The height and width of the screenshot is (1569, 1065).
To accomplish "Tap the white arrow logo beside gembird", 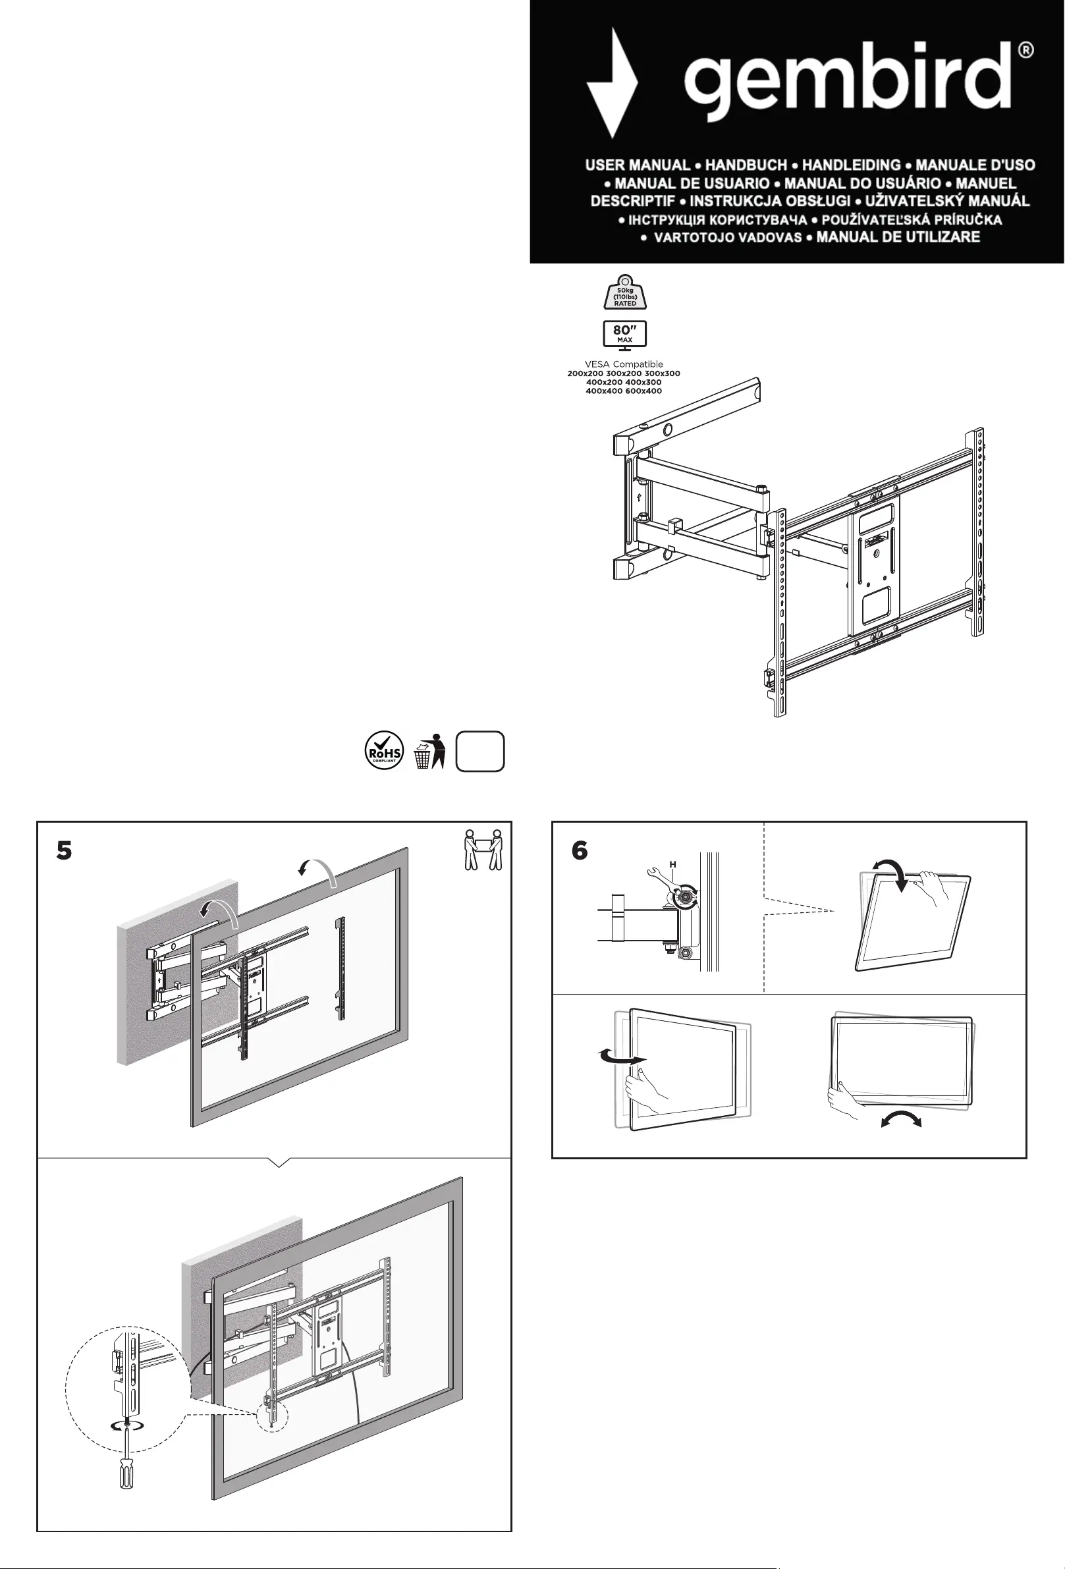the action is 611,82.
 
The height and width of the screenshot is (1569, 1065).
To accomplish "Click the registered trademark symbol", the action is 1025,50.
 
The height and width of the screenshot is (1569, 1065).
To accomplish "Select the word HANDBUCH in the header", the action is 746,165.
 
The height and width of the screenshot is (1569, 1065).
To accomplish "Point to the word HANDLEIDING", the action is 851,165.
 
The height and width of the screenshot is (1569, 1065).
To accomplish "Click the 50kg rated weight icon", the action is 625,292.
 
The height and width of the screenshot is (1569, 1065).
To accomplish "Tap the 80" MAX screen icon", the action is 624,334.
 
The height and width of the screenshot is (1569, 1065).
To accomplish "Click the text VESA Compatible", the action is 624,364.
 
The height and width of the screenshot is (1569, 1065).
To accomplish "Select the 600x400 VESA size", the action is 643,391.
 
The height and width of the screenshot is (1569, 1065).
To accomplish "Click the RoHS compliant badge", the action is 384,751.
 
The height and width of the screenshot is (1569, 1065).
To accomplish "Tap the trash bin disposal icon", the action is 429,751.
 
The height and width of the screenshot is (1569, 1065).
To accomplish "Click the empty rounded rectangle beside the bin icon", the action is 480,751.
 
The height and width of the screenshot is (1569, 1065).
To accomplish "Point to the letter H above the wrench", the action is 672,864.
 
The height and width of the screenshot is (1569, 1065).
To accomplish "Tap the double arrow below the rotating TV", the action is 901,1120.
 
